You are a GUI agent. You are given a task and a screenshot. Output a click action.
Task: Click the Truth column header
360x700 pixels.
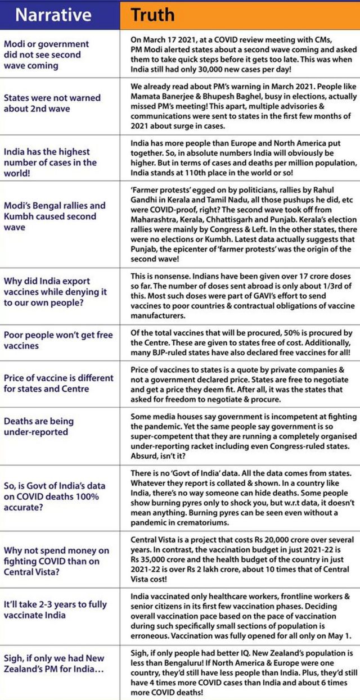click(153, 15)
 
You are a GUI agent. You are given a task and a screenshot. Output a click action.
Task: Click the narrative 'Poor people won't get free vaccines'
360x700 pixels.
click(58, 340)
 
